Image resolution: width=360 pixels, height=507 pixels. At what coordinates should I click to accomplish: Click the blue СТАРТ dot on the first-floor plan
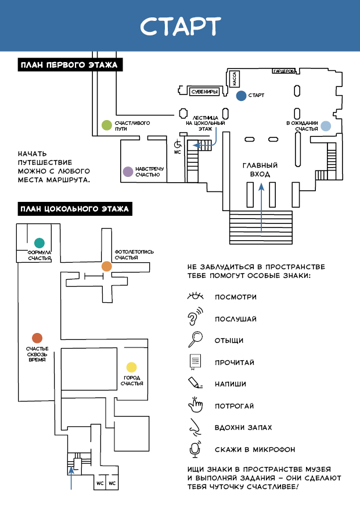point(241,96)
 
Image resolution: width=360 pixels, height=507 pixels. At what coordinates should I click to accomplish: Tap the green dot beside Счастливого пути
point(107,125)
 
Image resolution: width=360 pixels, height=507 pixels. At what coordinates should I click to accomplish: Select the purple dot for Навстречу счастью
point(128,172)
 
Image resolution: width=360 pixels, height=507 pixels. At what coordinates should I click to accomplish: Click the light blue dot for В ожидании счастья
point(326,126)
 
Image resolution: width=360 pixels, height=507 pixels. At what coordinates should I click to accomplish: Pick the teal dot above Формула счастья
point(39,243)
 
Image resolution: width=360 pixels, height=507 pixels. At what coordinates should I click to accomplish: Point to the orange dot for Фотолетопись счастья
point(106,266)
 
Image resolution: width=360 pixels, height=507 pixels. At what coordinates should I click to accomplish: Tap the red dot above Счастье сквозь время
point(37,338)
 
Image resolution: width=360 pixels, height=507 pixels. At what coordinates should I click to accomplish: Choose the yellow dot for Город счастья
point(131,367)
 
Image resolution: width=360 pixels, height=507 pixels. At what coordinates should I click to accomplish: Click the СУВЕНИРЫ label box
point(204,92)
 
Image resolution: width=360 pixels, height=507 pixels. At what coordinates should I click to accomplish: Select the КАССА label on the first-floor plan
point(235,78)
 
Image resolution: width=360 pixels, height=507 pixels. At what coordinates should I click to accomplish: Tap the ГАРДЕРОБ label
point(284,71)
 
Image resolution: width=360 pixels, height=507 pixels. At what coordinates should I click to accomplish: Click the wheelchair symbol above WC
point(178,143)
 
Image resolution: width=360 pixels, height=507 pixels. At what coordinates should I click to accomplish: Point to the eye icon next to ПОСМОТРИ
point(196,296)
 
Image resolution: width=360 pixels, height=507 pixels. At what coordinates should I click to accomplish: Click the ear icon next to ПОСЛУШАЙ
point(195,317)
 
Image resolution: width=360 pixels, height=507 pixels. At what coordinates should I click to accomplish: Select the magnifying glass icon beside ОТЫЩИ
point(196,339)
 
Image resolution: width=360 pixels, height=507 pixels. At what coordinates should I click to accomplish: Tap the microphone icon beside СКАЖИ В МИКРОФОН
point(195,449)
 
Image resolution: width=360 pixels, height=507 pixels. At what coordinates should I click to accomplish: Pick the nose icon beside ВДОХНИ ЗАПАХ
point(195,427)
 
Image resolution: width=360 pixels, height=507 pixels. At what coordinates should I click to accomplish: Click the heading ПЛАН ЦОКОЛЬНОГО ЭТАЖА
point(75,209)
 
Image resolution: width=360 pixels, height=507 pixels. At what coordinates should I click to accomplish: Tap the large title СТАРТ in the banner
point(181,26)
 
